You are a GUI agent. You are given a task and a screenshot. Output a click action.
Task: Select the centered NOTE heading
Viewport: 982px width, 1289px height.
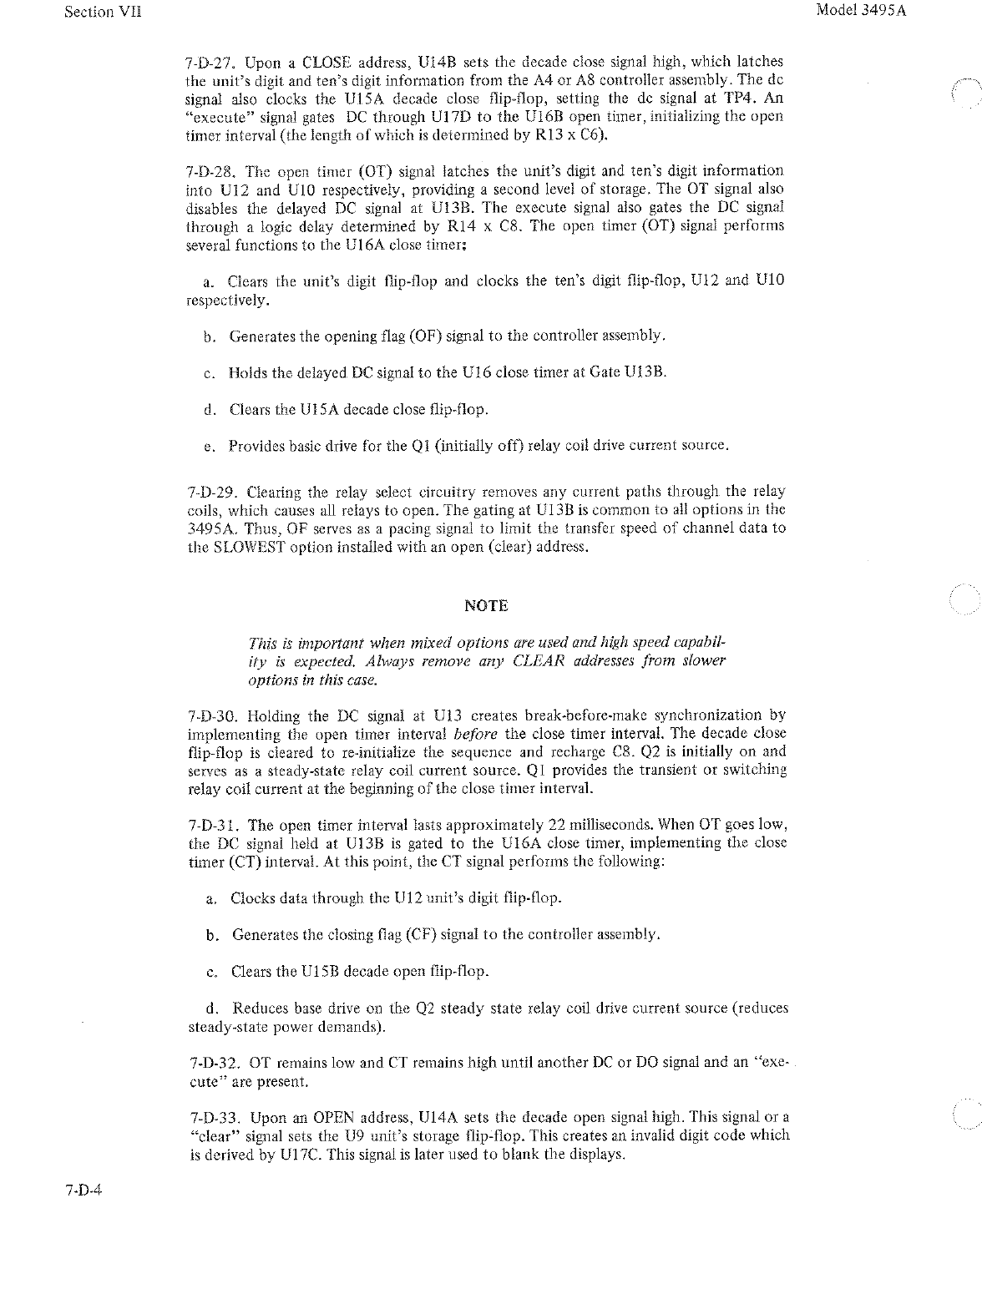pos(485,605)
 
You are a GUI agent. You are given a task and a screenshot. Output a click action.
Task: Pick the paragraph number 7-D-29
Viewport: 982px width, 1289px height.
pos(211,492)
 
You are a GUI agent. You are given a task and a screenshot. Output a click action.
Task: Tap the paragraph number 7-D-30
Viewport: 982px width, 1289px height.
pos(213,716)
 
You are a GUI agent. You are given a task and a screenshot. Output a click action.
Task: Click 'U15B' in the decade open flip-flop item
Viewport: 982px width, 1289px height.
pos(318,972)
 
